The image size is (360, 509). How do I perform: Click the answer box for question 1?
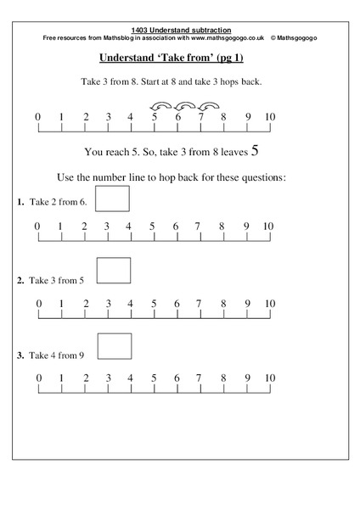[114, 199]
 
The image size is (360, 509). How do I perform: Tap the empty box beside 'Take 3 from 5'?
[114, 270]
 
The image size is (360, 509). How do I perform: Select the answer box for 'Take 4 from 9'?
[115, 346]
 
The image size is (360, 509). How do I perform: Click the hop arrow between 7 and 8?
[208, 106]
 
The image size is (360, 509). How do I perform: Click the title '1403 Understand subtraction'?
[180, 30]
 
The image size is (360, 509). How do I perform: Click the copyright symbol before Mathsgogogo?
[273, 39]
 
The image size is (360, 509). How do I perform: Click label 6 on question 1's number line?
[176, 227]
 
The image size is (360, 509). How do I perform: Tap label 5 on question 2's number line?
[153, 303]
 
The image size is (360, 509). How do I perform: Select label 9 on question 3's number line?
[247, 378]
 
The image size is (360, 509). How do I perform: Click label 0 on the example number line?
[37, 117]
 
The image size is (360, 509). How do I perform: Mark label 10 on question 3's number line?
[268, 378]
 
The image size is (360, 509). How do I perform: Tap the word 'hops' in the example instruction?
[233, 82]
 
